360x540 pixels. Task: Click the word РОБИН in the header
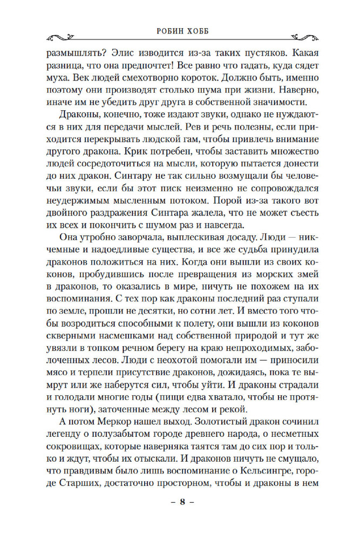161,31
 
